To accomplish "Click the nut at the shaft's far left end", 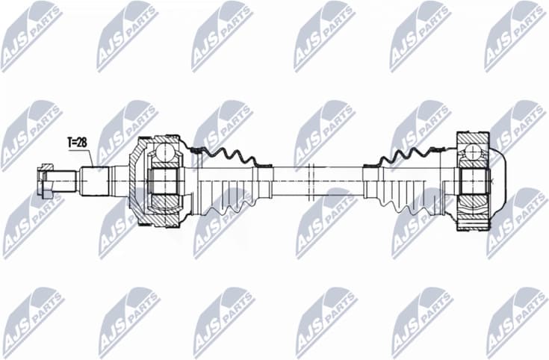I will coord(43,181).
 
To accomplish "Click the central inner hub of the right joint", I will coord(472,181).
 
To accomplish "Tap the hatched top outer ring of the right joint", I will coord(472,139).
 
